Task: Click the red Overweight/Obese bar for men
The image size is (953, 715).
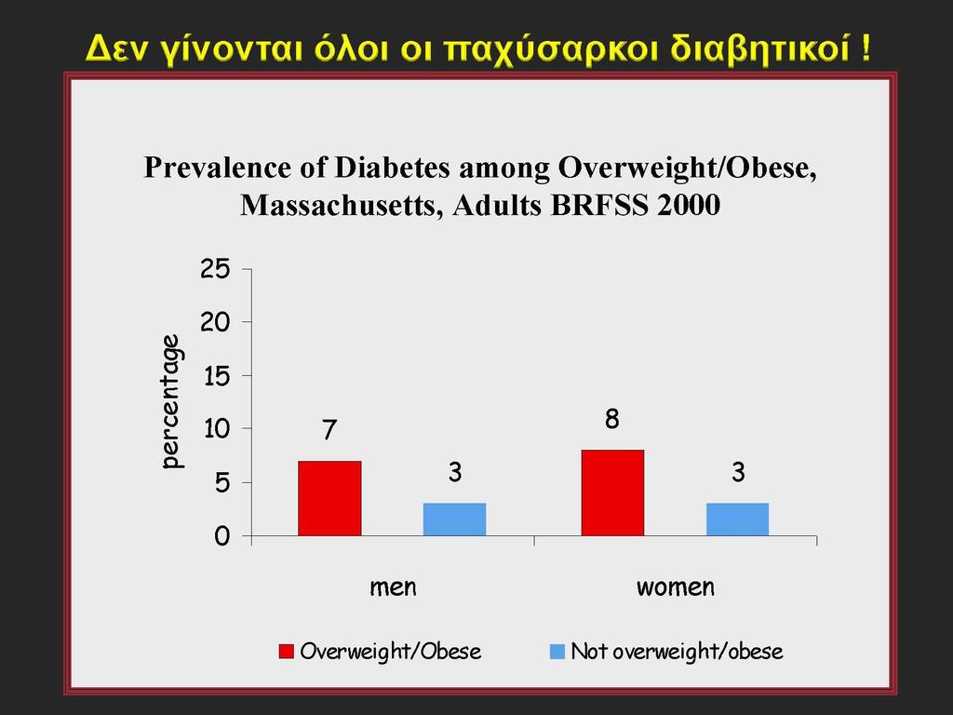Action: tap(329, 499)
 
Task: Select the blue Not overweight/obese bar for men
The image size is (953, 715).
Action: tap(454, 519)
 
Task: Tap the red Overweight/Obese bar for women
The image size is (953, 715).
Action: tap(612, 493)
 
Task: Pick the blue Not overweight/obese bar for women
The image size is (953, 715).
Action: tap(737, 519)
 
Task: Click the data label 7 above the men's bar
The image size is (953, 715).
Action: tap(329, 430)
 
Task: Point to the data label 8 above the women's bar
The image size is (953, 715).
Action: tap(612, 419)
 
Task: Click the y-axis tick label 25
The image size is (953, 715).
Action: tap(216, 268)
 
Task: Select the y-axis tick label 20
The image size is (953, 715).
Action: tap(216, 321)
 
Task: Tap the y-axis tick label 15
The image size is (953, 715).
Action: tap(217, 376)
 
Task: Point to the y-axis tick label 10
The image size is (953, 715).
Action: tap(217, 428)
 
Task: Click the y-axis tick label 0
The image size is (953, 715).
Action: tap(223, 536)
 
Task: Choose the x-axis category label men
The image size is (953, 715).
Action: tap(394, 587)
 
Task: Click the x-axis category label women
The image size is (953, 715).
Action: tap(676, 587)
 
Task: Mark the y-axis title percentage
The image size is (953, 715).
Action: tap(172, 401)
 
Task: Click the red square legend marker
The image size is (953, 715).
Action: tap(287, 651)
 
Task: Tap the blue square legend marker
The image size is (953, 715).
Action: tap(557, 651)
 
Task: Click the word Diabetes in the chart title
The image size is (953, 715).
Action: tap(392, 168)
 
